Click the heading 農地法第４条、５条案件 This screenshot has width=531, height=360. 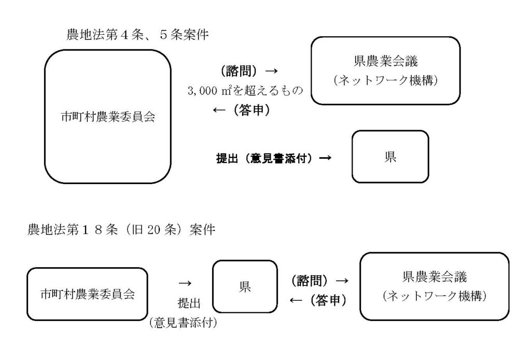click(x=137, y=35)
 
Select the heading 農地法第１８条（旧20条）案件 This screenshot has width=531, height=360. click(x=121, y=230)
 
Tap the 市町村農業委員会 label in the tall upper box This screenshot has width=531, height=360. click(x=108, y=117)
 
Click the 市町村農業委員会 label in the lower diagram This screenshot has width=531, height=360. click(x=87, y=294)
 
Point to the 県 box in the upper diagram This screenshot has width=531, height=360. click(x=390, y=157)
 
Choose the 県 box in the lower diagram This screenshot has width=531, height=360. click(x=245, y=286)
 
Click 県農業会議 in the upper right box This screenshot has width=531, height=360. click(x=386, y=61)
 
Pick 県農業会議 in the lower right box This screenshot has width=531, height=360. click(x=435, y=277)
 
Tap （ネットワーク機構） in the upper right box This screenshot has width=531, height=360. click(x=386, y=80)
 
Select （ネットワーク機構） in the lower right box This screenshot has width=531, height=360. click(x=435, y=296)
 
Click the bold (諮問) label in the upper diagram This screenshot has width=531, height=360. click(x=239, y=71)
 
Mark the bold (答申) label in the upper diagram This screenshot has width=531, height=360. click(x=251, y=110)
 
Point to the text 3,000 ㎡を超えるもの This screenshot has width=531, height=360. click(x=245, y=90)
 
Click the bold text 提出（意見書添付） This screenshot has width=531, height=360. click(x=264, y=158)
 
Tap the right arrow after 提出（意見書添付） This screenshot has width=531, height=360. click(x=325, y=158)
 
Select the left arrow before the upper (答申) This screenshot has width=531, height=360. click(x=219, y=110)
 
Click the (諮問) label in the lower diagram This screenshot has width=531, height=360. click(x=310, y=281)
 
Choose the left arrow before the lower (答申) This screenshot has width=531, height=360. click(x=296, y=300)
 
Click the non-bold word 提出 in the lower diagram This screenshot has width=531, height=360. click(x=189, y=303)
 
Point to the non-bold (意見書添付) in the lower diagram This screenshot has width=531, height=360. click(x=183, y=323)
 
